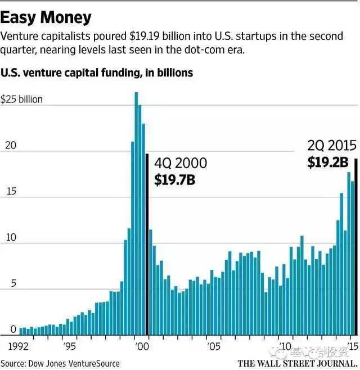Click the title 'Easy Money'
click(46, 17)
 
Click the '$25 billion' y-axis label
click(22, 100)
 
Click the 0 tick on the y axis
click(4, 330)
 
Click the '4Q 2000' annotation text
click(181, 164)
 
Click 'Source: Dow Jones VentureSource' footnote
click(60, 363)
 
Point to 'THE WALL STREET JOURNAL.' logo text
click(297, 363)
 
